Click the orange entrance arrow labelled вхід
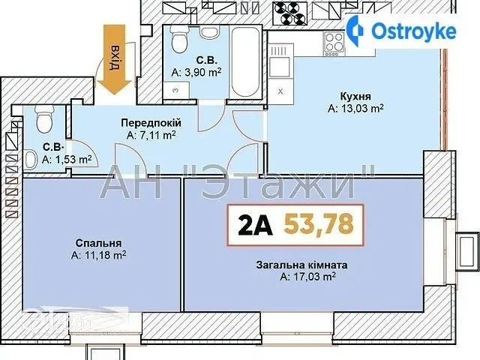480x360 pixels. (114, 59)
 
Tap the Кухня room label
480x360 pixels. (355, 96)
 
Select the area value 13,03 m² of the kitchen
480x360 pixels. (355, 109)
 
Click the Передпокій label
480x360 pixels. (151, 123)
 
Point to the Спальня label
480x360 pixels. (98, 243)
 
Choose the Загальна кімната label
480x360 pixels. (301, 265)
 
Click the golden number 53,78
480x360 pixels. (319, 223)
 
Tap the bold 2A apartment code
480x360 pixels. (255, 224)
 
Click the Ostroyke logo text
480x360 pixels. (413, 31)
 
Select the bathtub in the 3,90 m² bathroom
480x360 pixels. (245, 61)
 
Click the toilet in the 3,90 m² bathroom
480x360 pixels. (178, 40)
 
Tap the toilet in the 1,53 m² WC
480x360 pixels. (44, 119)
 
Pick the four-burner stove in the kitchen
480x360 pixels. (334, 43)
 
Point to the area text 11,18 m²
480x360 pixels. (98, 255)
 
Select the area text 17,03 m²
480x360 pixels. (308, 277)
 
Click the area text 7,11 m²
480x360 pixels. (151, 135)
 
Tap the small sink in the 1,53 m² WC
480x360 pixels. (31, 160)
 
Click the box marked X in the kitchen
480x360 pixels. (280, 91)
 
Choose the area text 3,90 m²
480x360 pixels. (196, 72)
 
